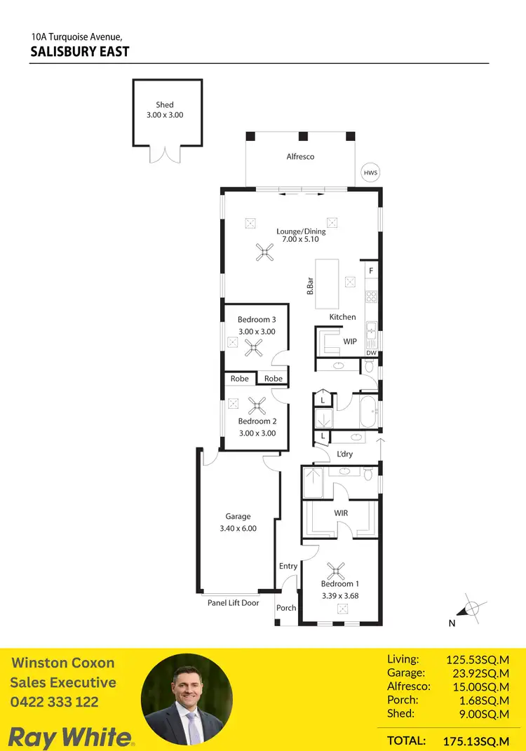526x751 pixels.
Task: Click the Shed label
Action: click(165, 104)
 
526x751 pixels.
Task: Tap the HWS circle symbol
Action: click(369, 172)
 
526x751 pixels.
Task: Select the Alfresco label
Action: click(300, 156)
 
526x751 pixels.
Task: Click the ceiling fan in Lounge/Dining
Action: click(264, 252)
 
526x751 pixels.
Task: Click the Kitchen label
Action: click(343, 317)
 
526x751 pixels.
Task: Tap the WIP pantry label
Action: click(350, 341)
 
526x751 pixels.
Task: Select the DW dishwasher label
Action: click(372, 353)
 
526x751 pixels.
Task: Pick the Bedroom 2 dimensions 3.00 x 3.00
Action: click(257, 433)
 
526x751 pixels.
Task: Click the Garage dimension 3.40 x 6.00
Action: click(238, 529)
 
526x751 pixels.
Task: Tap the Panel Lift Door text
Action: click(233, 603)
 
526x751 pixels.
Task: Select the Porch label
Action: click(286, 608)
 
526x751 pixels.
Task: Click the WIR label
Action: click(342, 513)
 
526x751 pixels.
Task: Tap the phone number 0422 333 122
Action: click(55, 702)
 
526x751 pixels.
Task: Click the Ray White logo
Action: click(69, 736)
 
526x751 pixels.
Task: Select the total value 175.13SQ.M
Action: click(476, 740)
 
